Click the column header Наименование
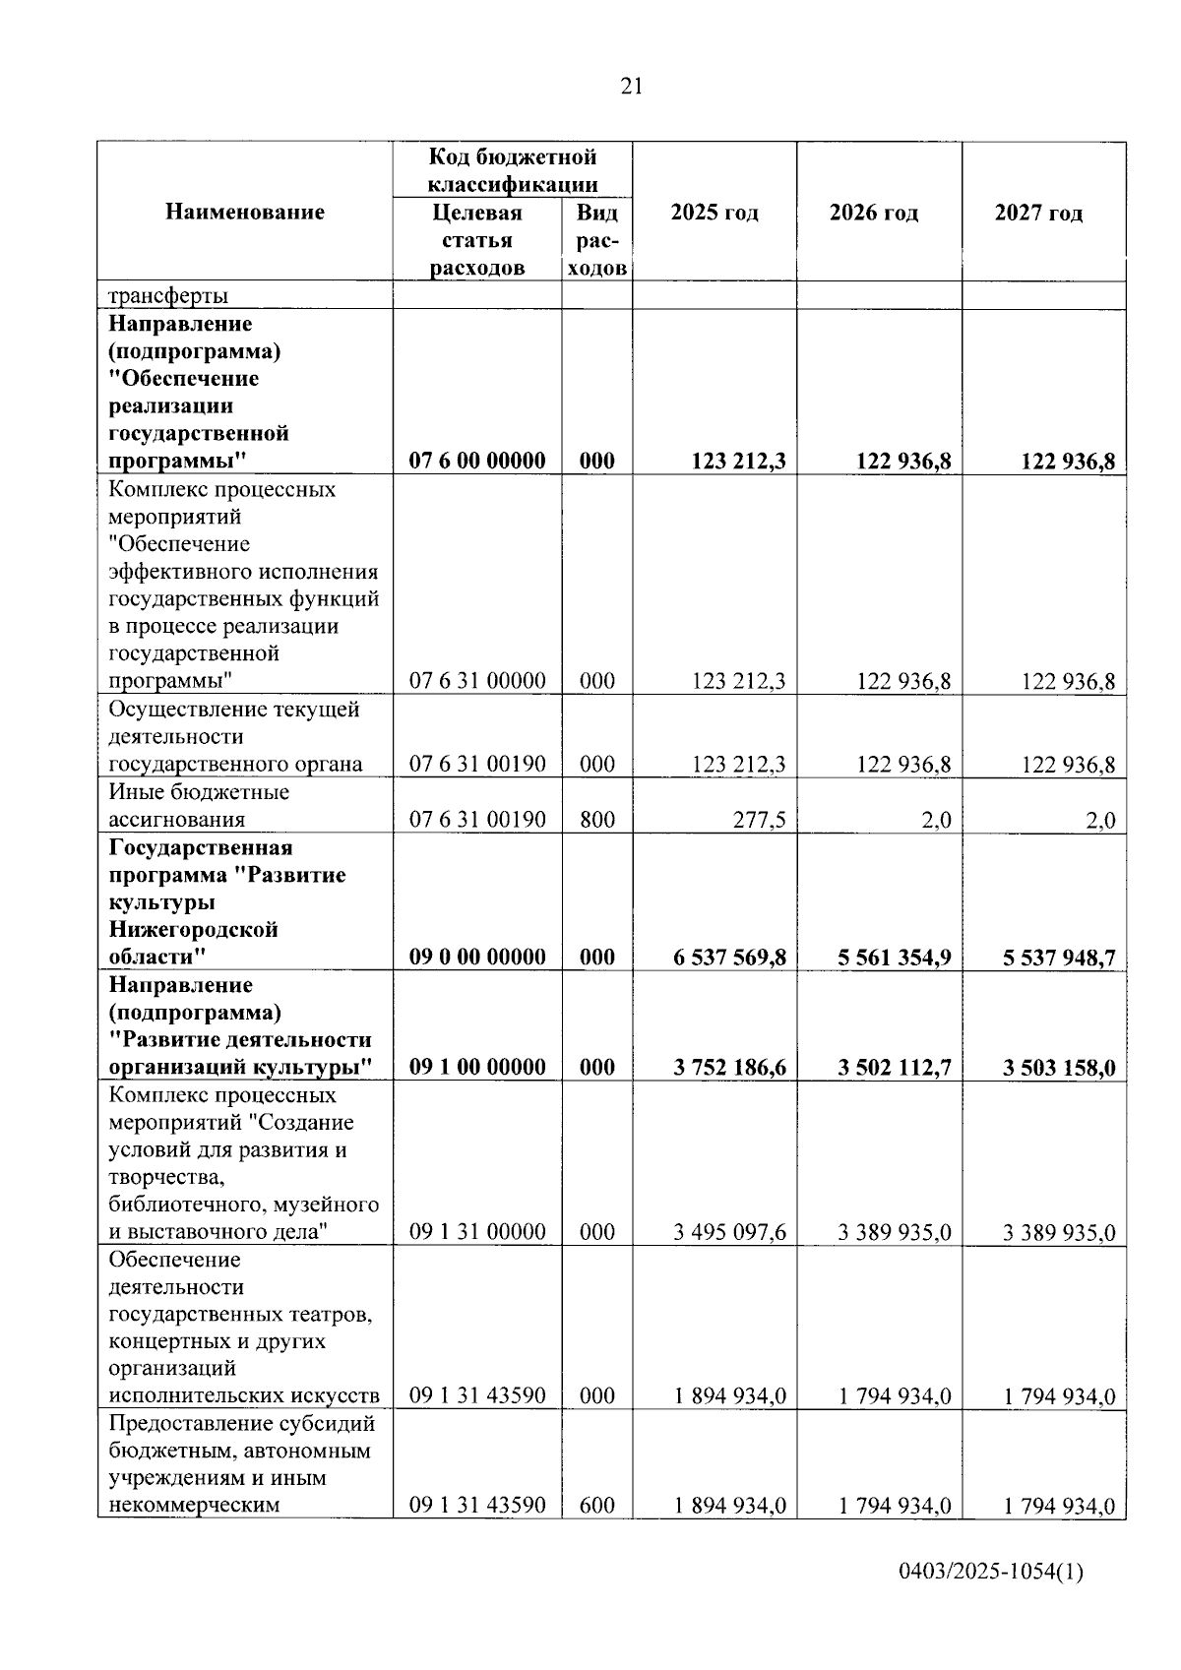click(245, 212)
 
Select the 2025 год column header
click(715, 213)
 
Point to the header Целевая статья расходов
click(477, 240)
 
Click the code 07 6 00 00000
click(477, 462)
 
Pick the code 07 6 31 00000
click(477, 681)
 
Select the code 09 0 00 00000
click(477, 958)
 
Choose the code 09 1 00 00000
click(477, 1068)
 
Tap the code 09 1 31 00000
click(477, 1232)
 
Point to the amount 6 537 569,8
click(729, 958)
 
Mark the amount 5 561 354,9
click(895, 958)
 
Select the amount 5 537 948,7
click(1059, 958)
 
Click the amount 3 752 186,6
click(729, 1068)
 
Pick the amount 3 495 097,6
click(729, 1232)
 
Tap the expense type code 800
click(597, 820)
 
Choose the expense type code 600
click(597, 1505)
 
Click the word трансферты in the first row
click(168, 295)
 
